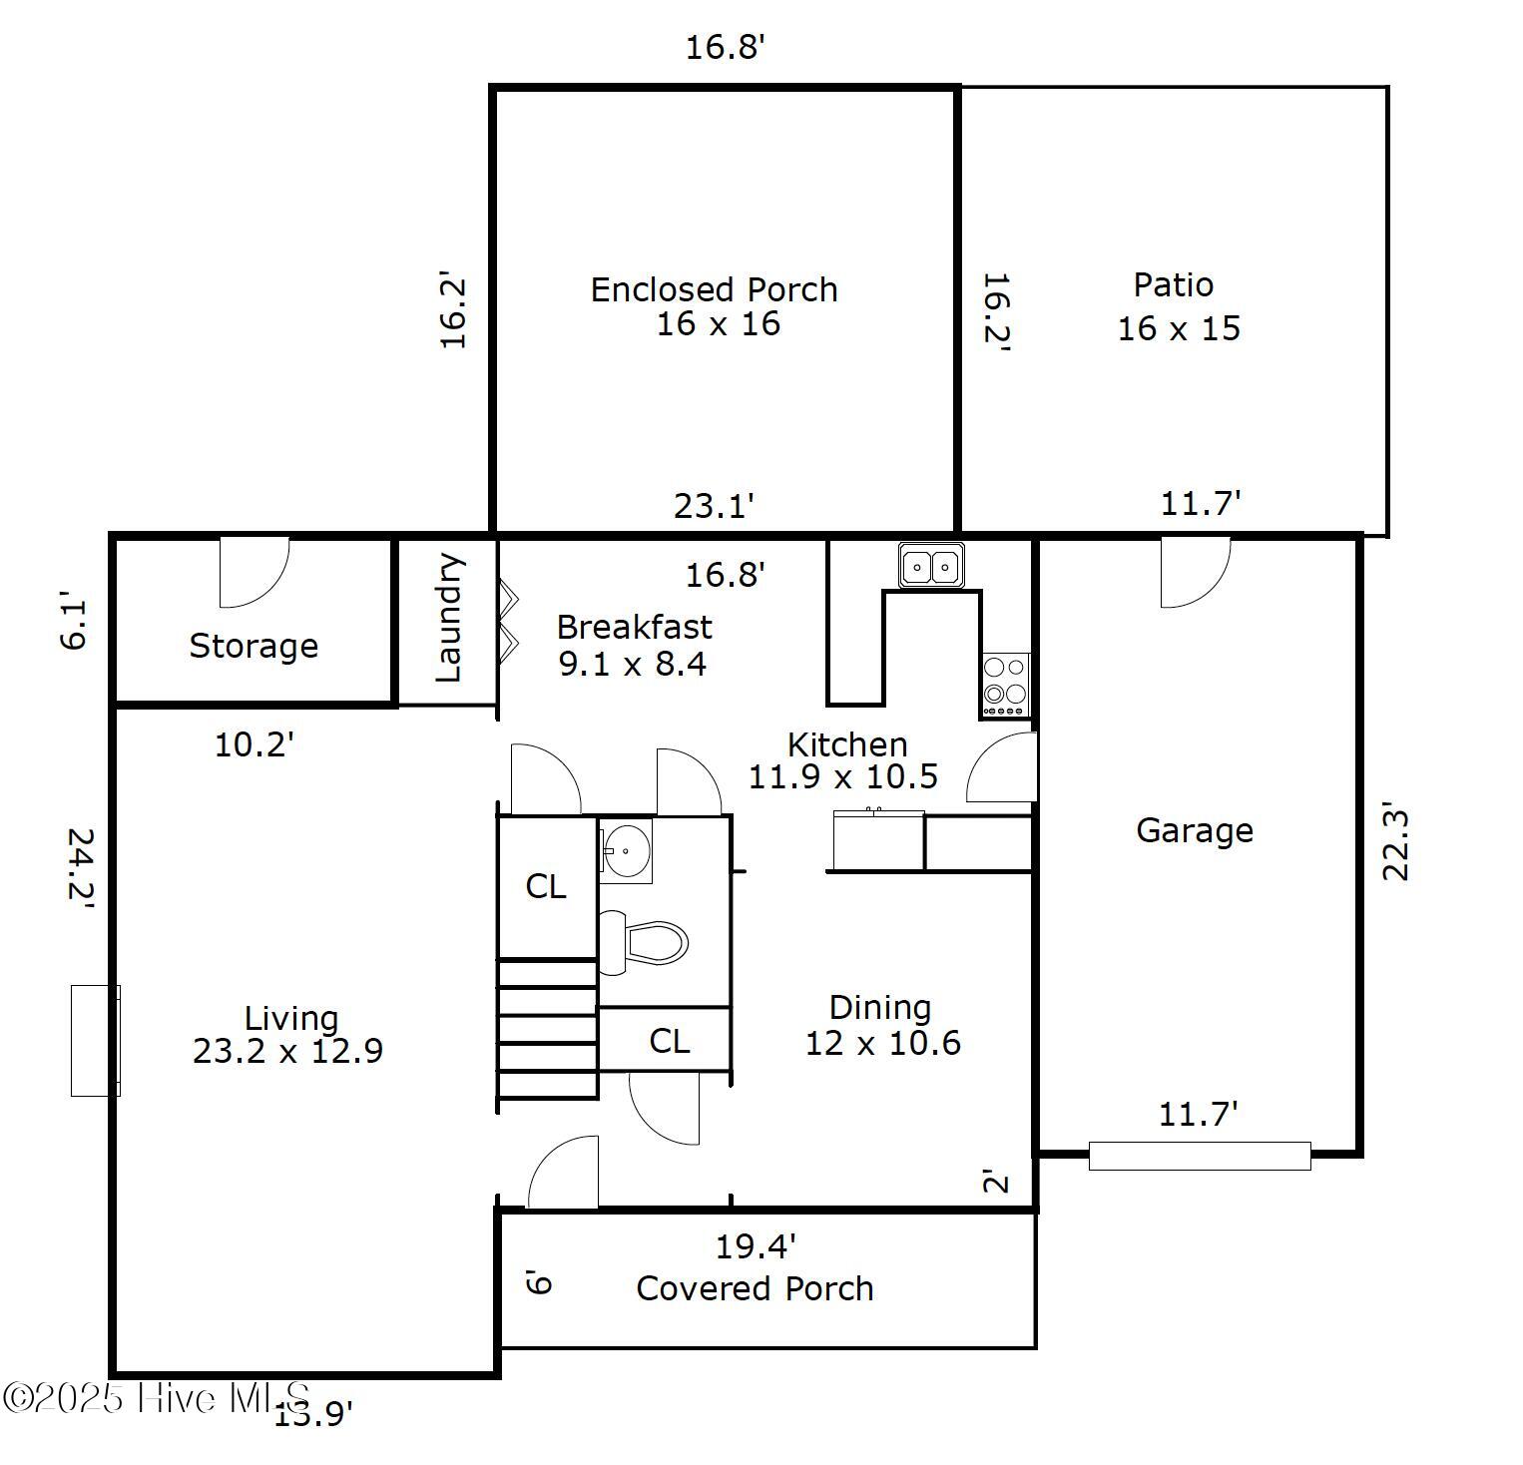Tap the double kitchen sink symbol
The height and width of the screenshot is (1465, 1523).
point(931,567)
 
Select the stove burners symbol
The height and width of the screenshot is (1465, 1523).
point(1005,685)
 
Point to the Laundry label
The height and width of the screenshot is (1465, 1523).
point(449,619)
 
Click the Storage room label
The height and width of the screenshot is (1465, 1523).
point(254,646)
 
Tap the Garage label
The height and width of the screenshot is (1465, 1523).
point(1195,830)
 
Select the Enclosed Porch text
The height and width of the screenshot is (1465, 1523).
point(714,289)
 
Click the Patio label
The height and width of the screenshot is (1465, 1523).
point(1174,285)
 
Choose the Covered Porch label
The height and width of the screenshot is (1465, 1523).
point(755,1288)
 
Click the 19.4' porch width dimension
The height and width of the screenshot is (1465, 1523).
point(756,1246)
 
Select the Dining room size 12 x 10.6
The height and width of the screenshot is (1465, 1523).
point(882,1043)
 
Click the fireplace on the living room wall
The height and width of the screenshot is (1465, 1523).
point(96,1040)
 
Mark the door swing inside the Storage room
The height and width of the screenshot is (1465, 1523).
point(255,571)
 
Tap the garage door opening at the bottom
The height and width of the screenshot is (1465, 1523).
point(1199,1156)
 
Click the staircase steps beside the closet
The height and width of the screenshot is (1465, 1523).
point(548,1029)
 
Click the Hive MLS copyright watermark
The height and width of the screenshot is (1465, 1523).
point(158,1397)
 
